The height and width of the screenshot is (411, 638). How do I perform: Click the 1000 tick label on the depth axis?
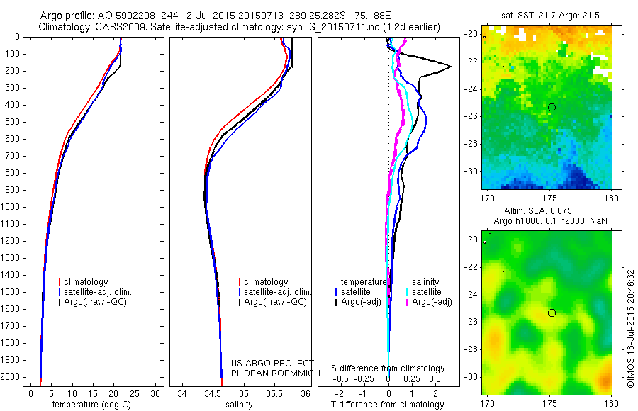[x=11, y=207]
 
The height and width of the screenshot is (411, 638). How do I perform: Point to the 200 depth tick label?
[x=13, y=71]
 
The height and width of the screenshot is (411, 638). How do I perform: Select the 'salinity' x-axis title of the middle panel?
[x=238, y=405]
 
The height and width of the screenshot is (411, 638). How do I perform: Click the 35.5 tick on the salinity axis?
[x=274, y=393]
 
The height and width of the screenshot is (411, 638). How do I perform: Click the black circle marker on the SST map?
[x=552, y=107]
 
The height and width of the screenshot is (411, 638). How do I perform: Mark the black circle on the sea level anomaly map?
[x=552, y=313]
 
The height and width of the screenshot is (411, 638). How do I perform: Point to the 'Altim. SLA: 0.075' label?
[x=546, y=211]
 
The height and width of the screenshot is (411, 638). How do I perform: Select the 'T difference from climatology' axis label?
[x=388, y=405]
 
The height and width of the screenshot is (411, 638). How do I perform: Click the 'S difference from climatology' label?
[x=388, y=368]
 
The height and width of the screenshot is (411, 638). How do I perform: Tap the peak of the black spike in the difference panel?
[x=450, y=67]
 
